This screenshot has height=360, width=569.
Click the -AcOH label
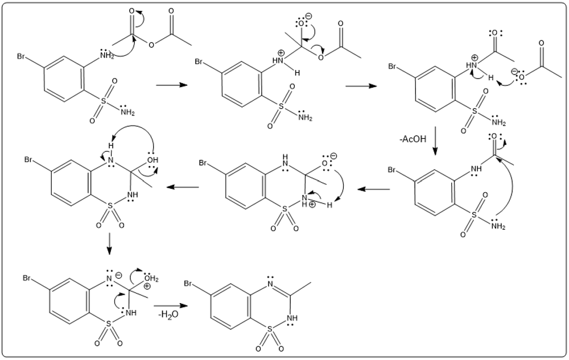[413, 139]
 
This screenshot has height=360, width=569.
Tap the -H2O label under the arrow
[168, 315]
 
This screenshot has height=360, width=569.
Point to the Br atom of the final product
[188, 283]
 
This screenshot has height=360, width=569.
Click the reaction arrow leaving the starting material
[171, 85]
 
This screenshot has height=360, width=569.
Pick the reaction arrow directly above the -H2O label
[171, 305]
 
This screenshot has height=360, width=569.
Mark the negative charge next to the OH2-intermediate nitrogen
[119, 276]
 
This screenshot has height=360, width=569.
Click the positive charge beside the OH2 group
[148, 287]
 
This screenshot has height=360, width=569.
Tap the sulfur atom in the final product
[269, 329]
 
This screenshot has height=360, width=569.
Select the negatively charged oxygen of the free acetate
[521, 77]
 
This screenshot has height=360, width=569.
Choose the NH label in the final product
[291, 318]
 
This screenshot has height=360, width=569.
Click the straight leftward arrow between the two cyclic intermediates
[373, 189]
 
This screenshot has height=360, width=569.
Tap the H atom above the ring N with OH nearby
[111, 146]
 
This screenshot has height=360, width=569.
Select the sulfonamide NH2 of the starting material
[127, 112]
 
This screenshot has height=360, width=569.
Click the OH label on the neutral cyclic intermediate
[152, 160]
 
